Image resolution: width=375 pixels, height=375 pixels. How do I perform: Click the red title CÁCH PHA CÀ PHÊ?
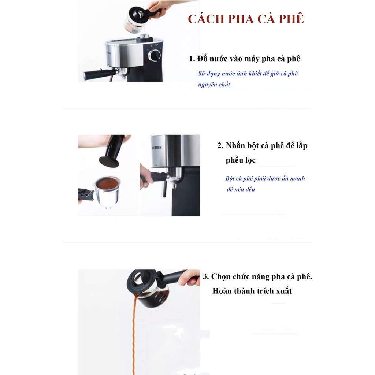click(246, 19)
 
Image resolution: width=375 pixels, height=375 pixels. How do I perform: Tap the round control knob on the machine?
click(155, 56)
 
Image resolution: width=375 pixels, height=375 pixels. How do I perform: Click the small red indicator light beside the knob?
click(146, 62)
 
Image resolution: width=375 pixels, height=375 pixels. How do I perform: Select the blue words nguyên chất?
click(214, 85)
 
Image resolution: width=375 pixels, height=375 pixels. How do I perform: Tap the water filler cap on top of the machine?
click(144, 38)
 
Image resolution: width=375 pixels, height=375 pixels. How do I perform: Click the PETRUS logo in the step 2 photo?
click(157, 148)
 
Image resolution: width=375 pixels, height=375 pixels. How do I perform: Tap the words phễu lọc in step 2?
click(240, 160)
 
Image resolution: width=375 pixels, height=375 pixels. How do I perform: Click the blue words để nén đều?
click(241, 189)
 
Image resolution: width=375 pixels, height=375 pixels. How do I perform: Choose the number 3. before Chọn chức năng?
click(206, 277)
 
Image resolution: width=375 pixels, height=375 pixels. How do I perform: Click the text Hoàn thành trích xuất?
click(252, 291)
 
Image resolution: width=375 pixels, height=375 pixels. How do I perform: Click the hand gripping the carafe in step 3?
click(189, 278)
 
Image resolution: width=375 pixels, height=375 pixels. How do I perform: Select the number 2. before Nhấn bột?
click(220, 145)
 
